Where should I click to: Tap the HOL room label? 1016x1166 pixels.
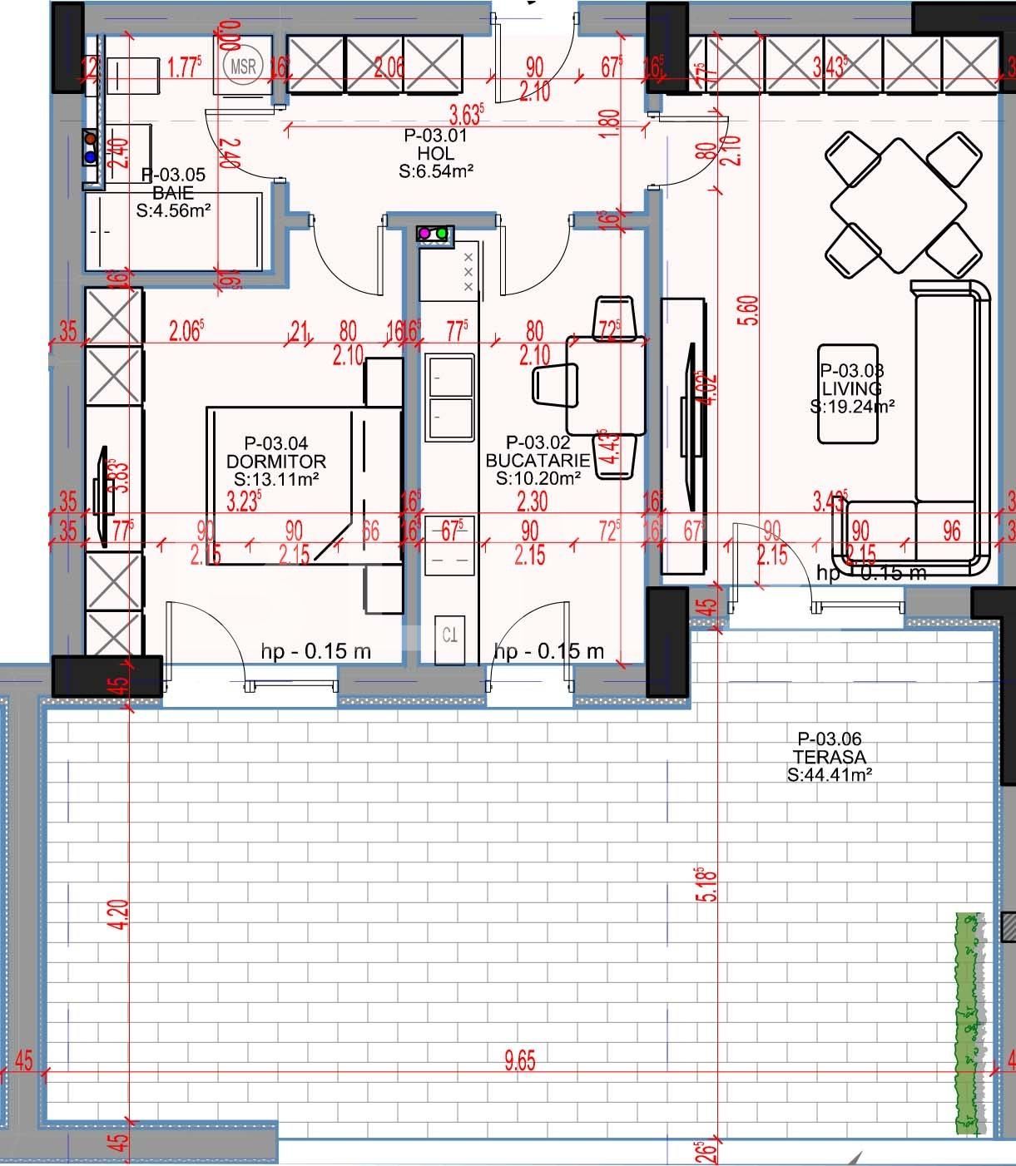click(435, 153)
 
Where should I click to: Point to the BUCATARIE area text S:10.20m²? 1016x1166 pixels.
click(538, 478)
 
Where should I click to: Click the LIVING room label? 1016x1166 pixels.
click(851, 388)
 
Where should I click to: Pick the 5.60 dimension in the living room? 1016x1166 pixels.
click(751, 310)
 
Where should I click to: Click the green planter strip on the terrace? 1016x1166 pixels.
click(967, 1023)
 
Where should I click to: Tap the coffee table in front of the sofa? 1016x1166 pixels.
click(848, 393)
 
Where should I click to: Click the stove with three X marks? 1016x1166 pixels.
click(450, 273)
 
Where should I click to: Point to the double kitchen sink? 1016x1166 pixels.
click(449, 397)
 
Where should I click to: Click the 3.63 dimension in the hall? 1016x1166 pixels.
click(466, 114)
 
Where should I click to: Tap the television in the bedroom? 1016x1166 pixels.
click(103, 497)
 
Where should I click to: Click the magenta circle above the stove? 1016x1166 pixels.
click(424, 234)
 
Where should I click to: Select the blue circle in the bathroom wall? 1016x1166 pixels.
click(90, 156)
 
